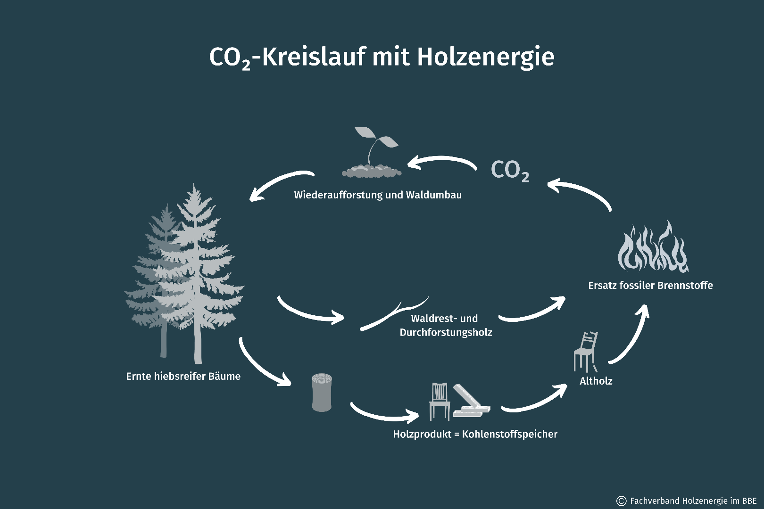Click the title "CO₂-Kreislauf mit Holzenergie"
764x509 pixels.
click(382, 57)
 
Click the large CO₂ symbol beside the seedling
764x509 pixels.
click(510, 171)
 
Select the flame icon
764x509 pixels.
click(653, 247)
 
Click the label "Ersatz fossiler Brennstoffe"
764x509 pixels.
click(650, 286)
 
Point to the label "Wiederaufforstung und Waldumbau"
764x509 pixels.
click(378, 195)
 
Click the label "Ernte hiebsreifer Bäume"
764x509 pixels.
click(183, 377)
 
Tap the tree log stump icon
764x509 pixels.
click(322, 393)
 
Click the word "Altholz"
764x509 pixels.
click(596, 381)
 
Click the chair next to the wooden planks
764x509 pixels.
click(440, 401)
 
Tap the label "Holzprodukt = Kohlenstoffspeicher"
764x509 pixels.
click(475, 435)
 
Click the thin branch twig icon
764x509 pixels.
click(394, 313)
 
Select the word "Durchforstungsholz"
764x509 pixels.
click(446, 333)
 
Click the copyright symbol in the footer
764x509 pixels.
click(621, 501)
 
